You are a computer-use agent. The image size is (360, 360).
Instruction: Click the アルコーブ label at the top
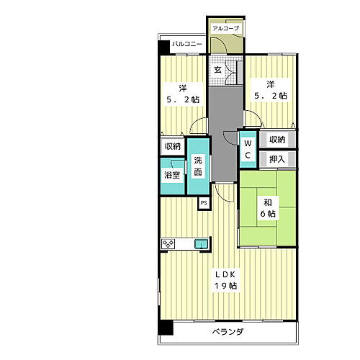click(x=225, y=29)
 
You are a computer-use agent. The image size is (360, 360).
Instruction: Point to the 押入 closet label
click(x=276, y=158)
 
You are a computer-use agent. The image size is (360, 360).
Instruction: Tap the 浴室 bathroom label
click(x=172, y=175)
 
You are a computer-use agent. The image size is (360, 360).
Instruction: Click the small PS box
click(x=204, y=203)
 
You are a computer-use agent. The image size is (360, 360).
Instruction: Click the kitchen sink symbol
click(x=201, y=244)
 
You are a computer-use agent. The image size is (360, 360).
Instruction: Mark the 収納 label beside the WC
click(x=276, y=140)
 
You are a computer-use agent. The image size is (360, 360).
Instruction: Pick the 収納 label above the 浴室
click(x=172, y=146)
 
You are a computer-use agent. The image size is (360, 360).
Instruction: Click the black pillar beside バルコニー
click(x=164, y=46)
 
